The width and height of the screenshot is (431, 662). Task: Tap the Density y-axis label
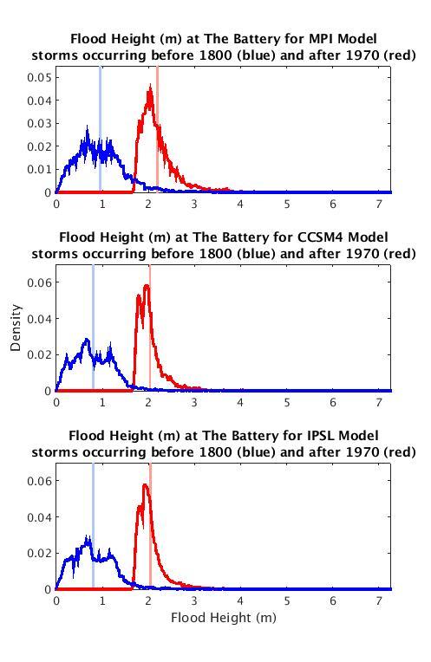pos(16,332)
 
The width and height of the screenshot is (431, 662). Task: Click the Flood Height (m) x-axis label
pos(224,618)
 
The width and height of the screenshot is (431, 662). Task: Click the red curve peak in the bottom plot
pos(145,485)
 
